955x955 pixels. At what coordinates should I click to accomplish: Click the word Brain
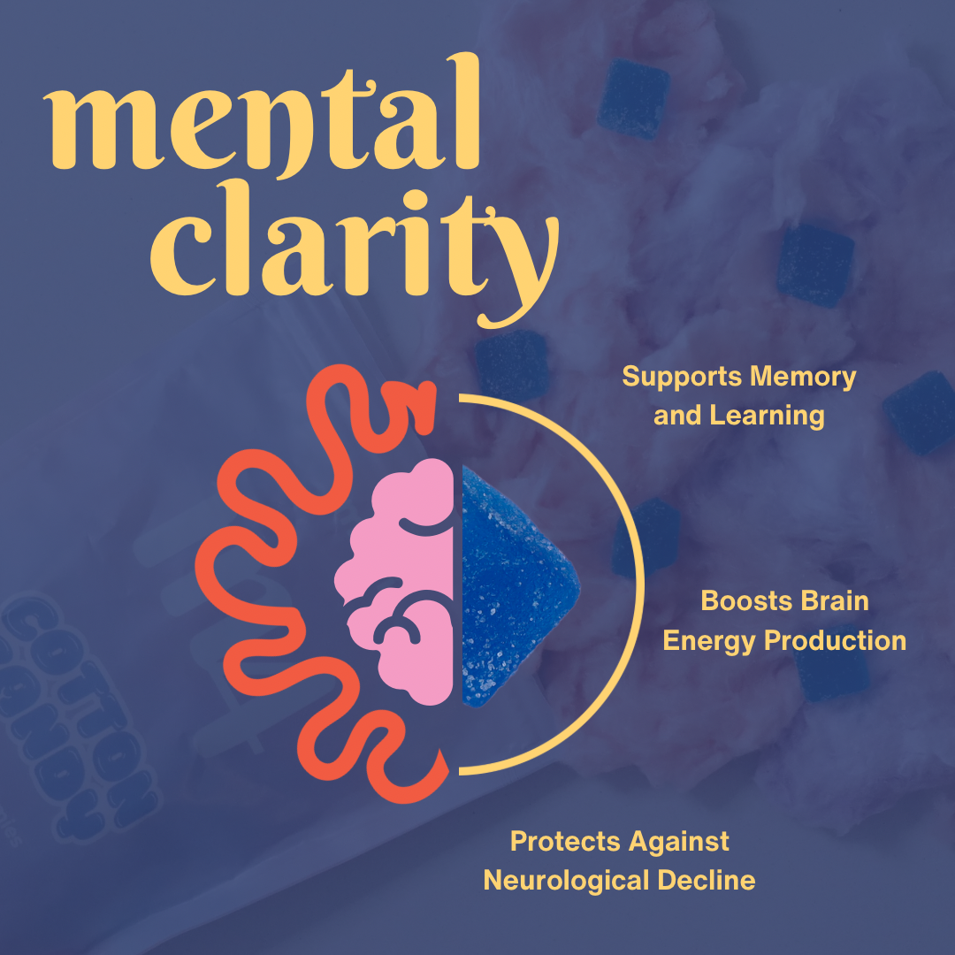tap(836, 601)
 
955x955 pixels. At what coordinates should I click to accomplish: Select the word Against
tap(680, 841)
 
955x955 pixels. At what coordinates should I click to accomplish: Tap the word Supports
tap(682, 377)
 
